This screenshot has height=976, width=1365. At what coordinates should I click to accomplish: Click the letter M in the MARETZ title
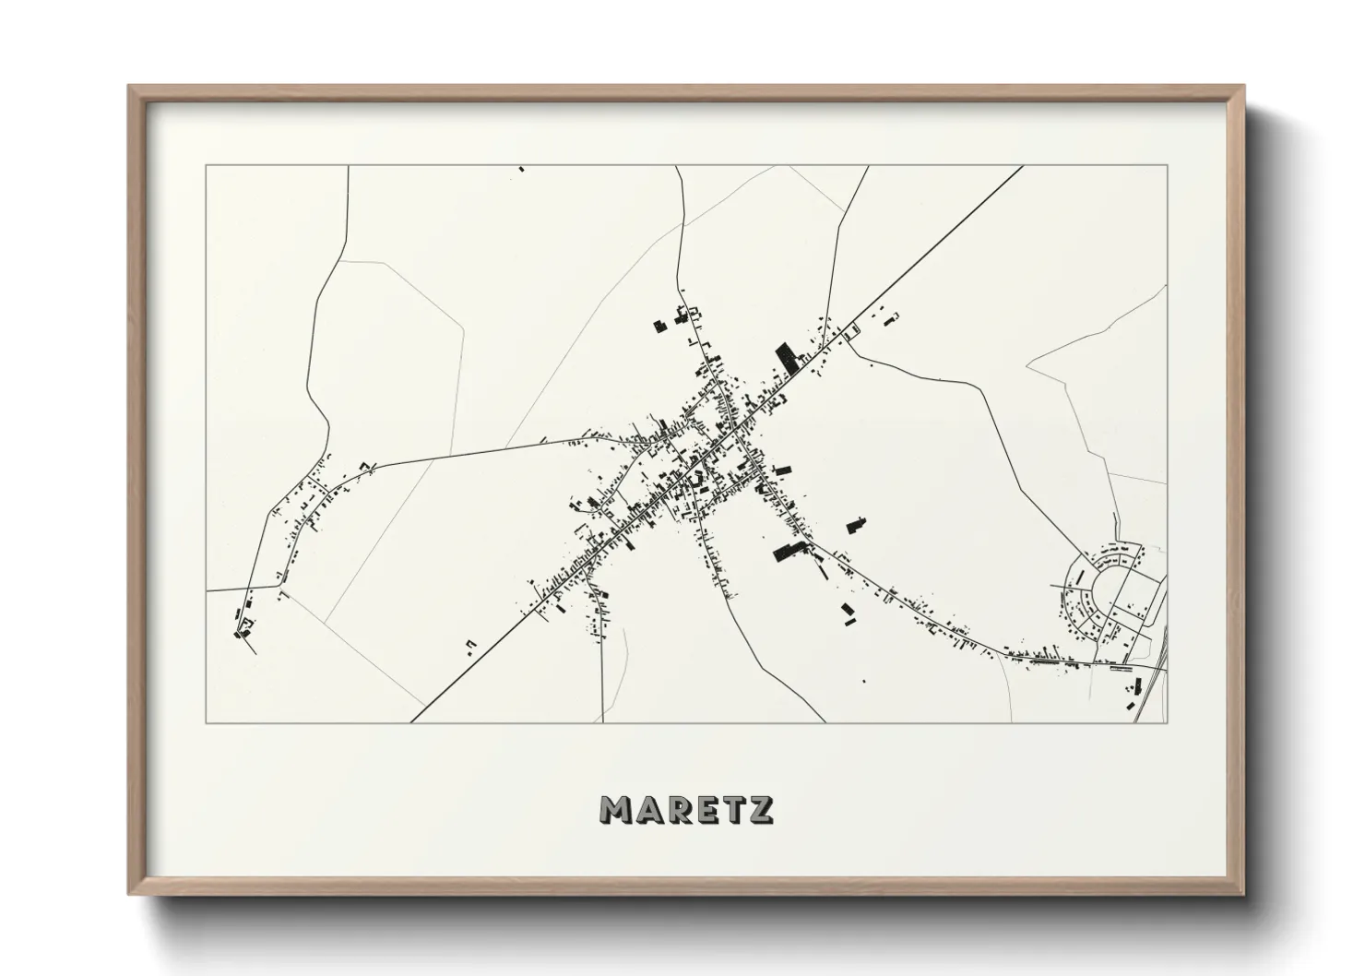click(x=615, y=809)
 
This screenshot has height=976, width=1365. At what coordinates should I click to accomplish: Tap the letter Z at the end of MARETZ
click(x=761, y=809)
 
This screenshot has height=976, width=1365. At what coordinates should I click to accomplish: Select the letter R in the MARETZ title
click(x=675, y=809)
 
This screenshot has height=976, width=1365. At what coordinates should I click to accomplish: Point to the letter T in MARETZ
click(x=733, y=809)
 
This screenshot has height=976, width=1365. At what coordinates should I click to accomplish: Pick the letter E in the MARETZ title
click(x=705, y=809)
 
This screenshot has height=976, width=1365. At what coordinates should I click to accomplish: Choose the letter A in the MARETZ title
click(x=646, y=809)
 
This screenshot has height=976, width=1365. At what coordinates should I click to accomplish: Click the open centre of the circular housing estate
click(x=1106, y=591)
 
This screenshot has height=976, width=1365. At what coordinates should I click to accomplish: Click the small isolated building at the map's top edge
click(x=521, y=169)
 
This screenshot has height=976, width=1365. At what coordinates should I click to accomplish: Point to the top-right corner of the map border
click(x=1167, y=166)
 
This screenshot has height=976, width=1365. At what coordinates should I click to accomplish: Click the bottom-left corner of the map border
click(x=206, y=722)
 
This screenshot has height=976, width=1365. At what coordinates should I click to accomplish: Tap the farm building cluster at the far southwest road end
click(x=243, y=627)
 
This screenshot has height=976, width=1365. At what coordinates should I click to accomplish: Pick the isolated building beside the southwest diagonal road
click(x=470, y=643)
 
